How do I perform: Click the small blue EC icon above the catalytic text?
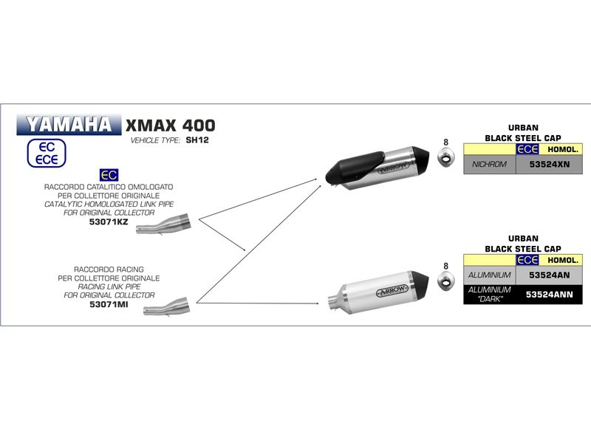pyautogui.click(x=108, y=175)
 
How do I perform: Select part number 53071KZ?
pyautogui.click(x=108, y=221)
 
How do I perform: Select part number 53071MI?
pyautogui.click(x=108, y=303)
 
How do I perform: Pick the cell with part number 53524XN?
pyautogui.click(x=549, y=164)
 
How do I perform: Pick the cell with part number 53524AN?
pyautogui.click(x=549, y=275)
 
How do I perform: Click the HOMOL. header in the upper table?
pyautogui.click(x=563, y=148)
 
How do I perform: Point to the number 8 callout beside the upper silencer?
pyautogui.click(x=445, y=142)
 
